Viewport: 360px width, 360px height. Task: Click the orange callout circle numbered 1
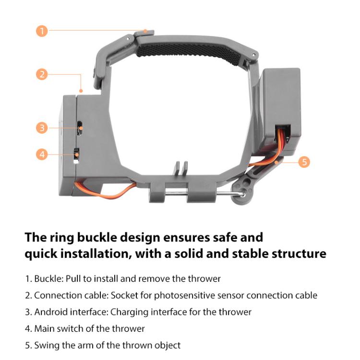click(42, 31)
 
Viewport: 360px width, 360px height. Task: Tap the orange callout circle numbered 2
click(42, 74)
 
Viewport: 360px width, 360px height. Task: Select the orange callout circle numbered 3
click(42, 128)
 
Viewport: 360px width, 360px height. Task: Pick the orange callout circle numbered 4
click(42, 154)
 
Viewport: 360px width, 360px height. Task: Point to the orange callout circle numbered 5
click(304, 161)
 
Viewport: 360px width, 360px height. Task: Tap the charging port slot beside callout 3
click(80, 127)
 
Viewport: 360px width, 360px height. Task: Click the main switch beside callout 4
click(76, 155)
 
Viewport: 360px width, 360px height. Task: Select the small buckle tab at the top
click(147, 32)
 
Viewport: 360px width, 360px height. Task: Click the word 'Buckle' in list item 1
click(47, 278)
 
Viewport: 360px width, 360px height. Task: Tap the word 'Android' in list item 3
click(51, 312)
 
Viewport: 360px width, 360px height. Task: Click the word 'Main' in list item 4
click(44, 329)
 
